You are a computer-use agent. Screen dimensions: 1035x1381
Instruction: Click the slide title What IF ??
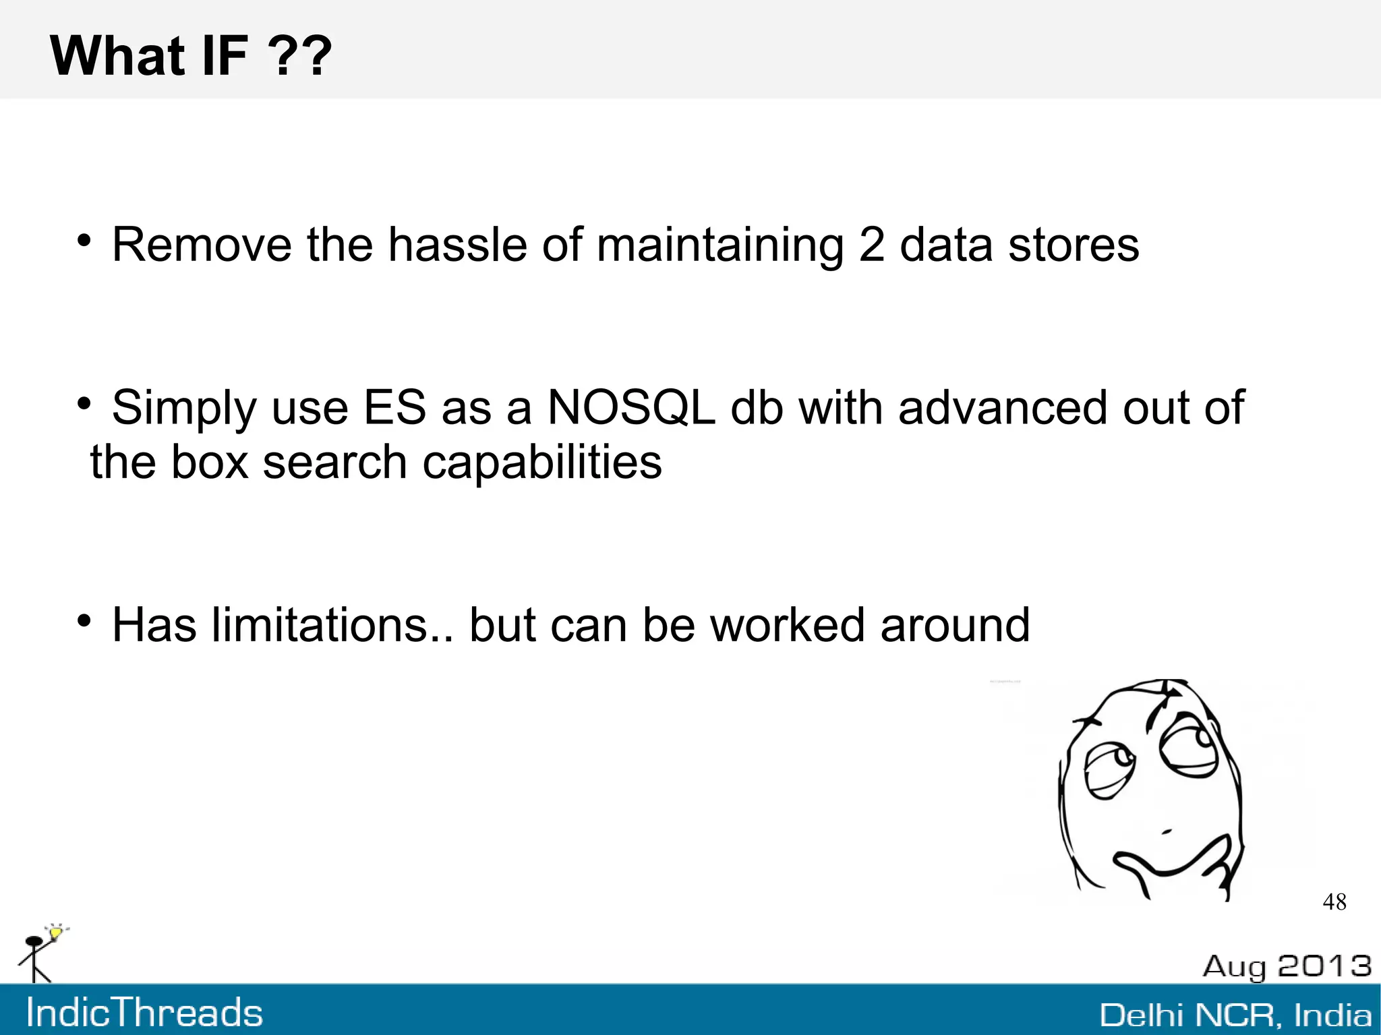tap(191, 55)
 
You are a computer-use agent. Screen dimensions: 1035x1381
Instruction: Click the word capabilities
tap(541, 463)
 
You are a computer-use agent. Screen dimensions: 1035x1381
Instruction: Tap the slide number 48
tap(1334, 902)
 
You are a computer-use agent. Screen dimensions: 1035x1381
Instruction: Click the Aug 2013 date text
tap(1287, 966)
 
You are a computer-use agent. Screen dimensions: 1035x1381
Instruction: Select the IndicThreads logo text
tap(144, 1013)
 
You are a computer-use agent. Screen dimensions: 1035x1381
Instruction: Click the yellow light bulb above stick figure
tap(56, 933)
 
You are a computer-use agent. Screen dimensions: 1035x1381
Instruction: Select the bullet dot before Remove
tap(84, 241)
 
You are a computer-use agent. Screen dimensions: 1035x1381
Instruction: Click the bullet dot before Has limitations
tap(84, 621)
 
